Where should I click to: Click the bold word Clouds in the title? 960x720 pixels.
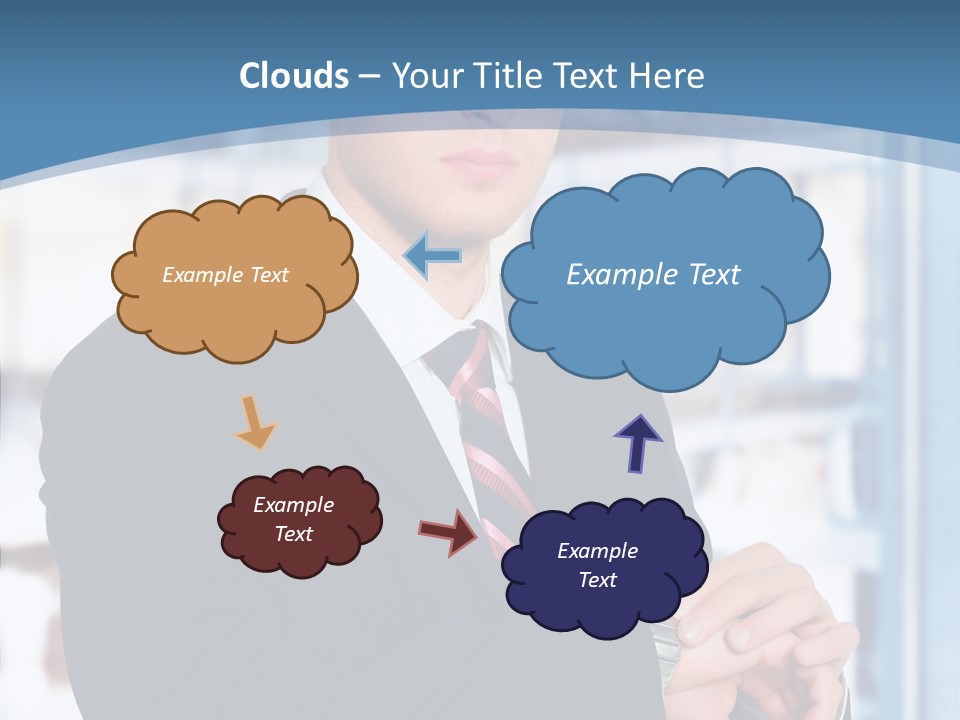tap(294, 76)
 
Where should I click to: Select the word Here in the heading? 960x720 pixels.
tap(668, 76)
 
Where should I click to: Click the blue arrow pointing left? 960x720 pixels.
tap(432, 255)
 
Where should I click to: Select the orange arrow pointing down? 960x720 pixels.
tap(255, 423)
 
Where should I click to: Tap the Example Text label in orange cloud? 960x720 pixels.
tap(225, 275)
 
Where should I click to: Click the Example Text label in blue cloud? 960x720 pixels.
tap(653, 275)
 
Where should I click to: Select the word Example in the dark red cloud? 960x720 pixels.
tap(293, 505)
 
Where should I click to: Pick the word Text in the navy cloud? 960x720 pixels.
tap(597, 580)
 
